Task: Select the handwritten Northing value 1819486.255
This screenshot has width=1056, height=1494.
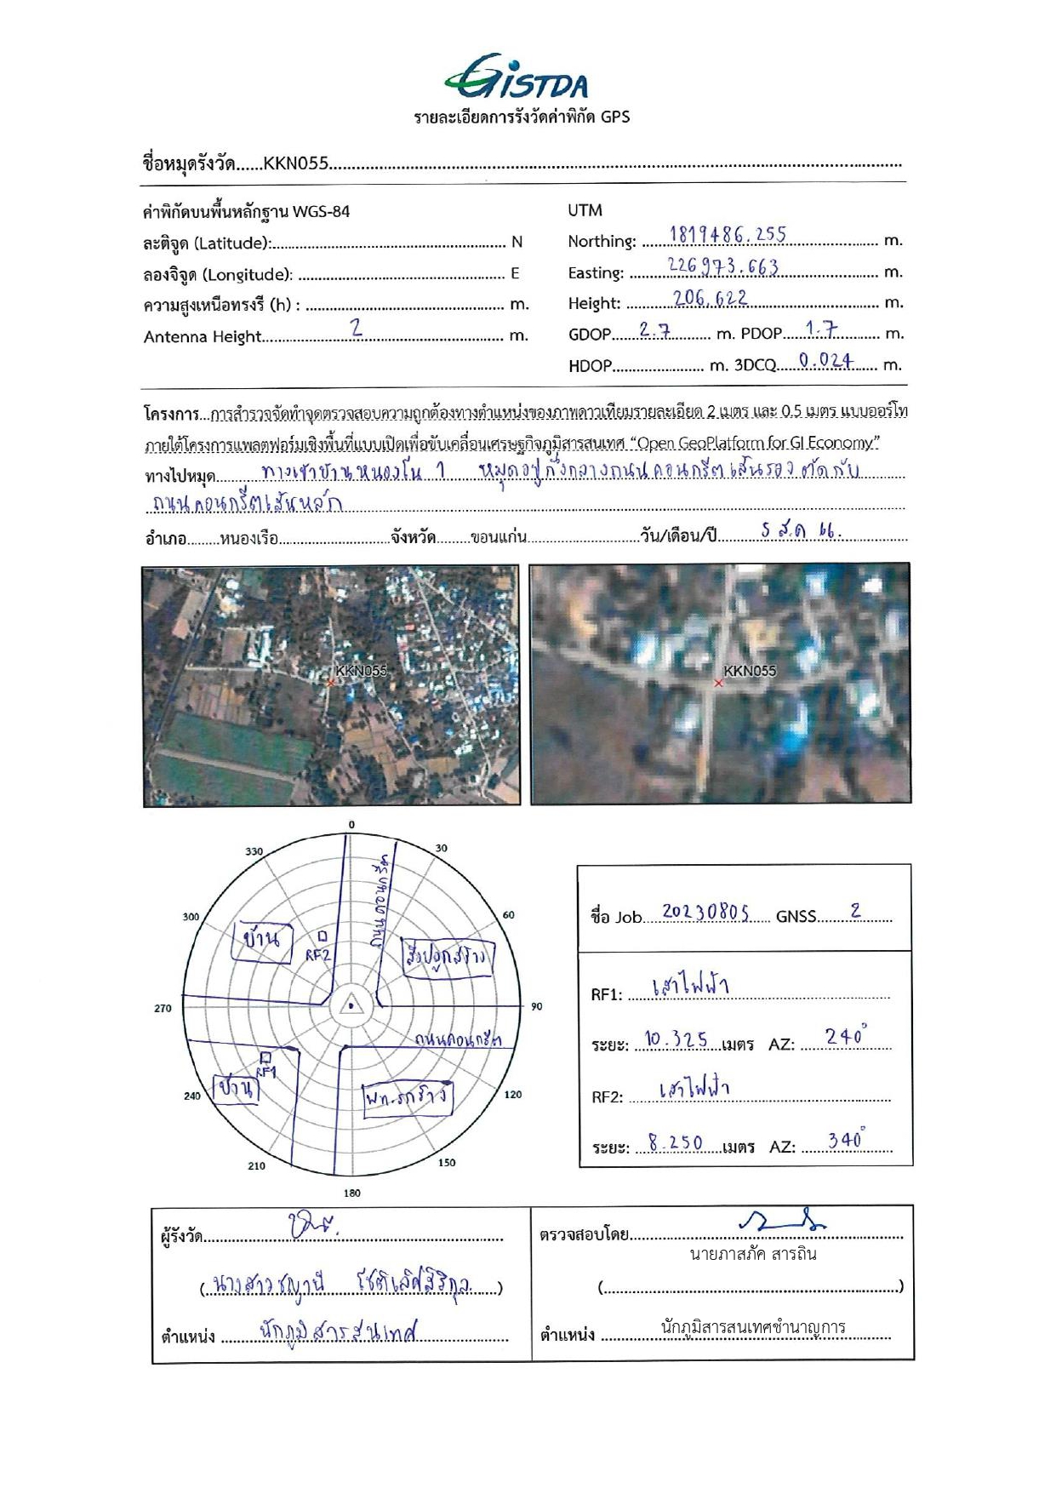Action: point(728,234)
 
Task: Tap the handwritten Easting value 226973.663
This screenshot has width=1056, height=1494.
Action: point(723,266)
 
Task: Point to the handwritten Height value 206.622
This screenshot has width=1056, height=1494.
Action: point(711,297)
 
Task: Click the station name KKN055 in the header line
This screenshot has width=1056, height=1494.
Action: point(295,163)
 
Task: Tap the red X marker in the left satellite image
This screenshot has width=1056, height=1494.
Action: point(331,683)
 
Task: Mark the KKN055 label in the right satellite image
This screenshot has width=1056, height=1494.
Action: point(750,671)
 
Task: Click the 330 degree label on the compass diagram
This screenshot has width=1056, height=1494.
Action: point(254,851)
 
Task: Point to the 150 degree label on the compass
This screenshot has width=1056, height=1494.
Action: point(447,1162)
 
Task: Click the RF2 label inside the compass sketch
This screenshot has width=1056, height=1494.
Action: point(317,955)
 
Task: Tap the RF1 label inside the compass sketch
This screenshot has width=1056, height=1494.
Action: point(266,1072)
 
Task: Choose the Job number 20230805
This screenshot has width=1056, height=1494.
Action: point(705,913)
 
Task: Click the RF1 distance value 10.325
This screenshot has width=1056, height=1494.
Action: point(676,1039)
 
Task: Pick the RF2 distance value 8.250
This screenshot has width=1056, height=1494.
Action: point(676,1143)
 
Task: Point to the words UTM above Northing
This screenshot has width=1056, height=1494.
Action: point(585,209)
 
